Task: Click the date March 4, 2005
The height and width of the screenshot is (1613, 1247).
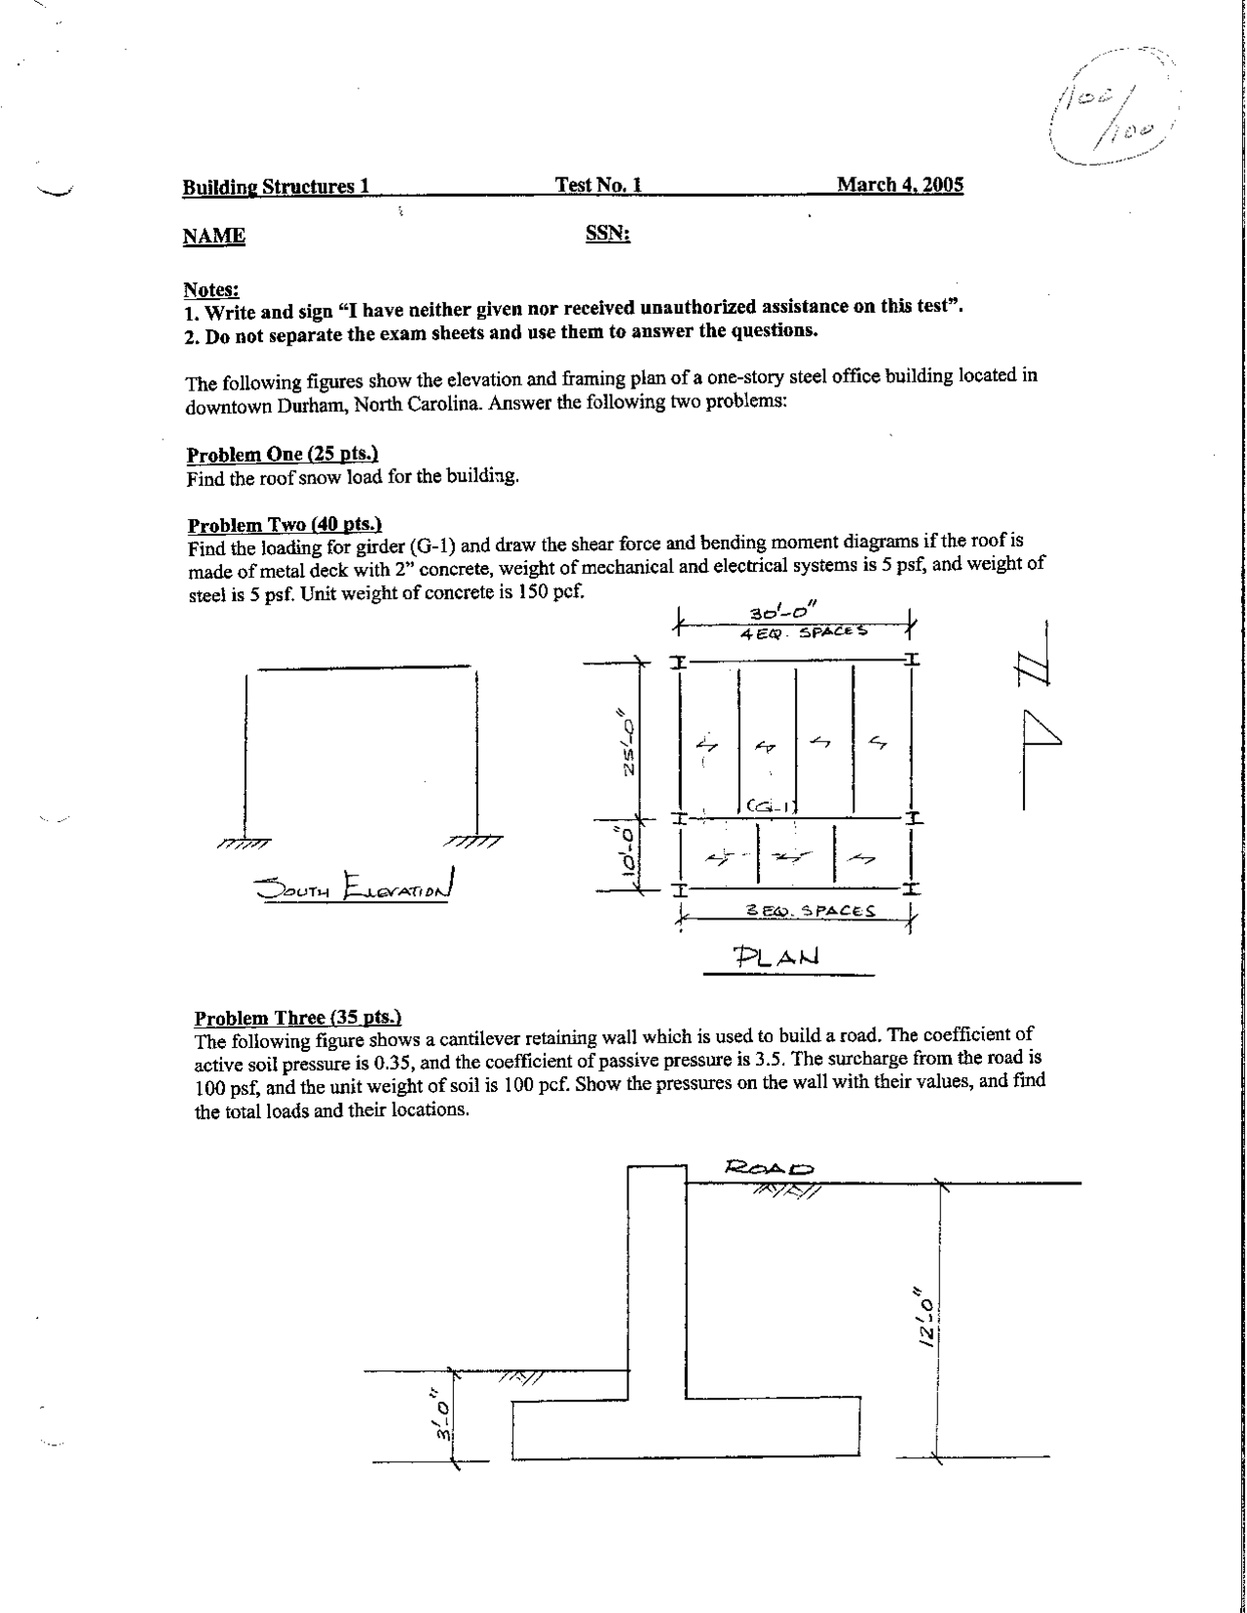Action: click(x=900, y=185)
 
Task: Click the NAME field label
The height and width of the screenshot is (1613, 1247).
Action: click(x=213, y=237)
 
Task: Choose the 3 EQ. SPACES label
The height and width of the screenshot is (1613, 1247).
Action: click(x=810, y=912)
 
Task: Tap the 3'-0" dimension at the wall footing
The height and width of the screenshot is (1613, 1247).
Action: click(x=443, y=1420)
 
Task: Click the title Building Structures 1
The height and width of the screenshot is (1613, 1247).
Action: click(x=276, y=186)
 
